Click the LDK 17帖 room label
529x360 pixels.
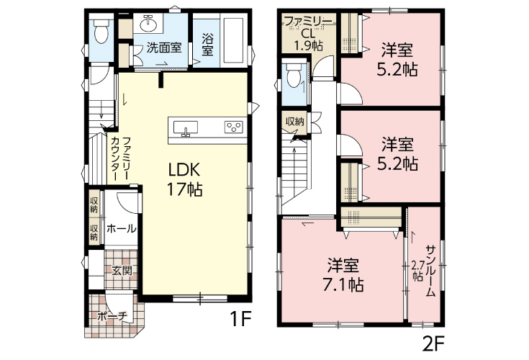(x=184, y=179)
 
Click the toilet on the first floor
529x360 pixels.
(x=100, y=31)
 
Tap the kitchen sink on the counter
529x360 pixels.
(x=186, y=129)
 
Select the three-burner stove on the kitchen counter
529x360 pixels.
(x=235, y=128)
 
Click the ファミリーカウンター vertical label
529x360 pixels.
(x=119, y=158)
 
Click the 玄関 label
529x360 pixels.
(x=122, y=271)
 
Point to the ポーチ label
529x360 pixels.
(x=112, y=315)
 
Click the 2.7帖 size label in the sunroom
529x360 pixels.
(x=416, y=271)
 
